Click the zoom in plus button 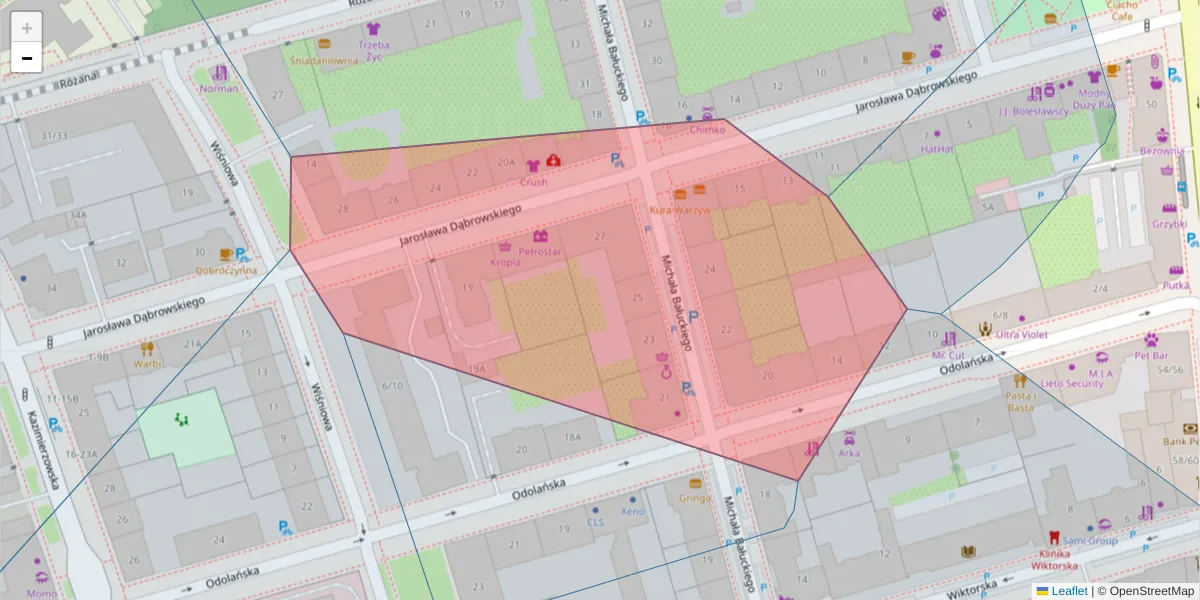tap(27, 27)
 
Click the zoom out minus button tap(27, 58)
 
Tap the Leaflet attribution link tap(1068, 591)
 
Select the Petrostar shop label tap(540, 252)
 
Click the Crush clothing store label tap(533, 182)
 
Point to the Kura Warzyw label tap(680, 210)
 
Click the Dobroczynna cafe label tap(226, 270)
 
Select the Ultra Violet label tap(1022, 335)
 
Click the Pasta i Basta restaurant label tap(1020, 401)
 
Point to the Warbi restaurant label tap(147, 364)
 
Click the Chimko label tap(707, 129)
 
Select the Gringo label tap(694, 498)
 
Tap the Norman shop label tap(219, 88)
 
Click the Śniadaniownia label tap(324, 60)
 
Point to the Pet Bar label tap(1151, 355)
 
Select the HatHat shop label tap(937, 148)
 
